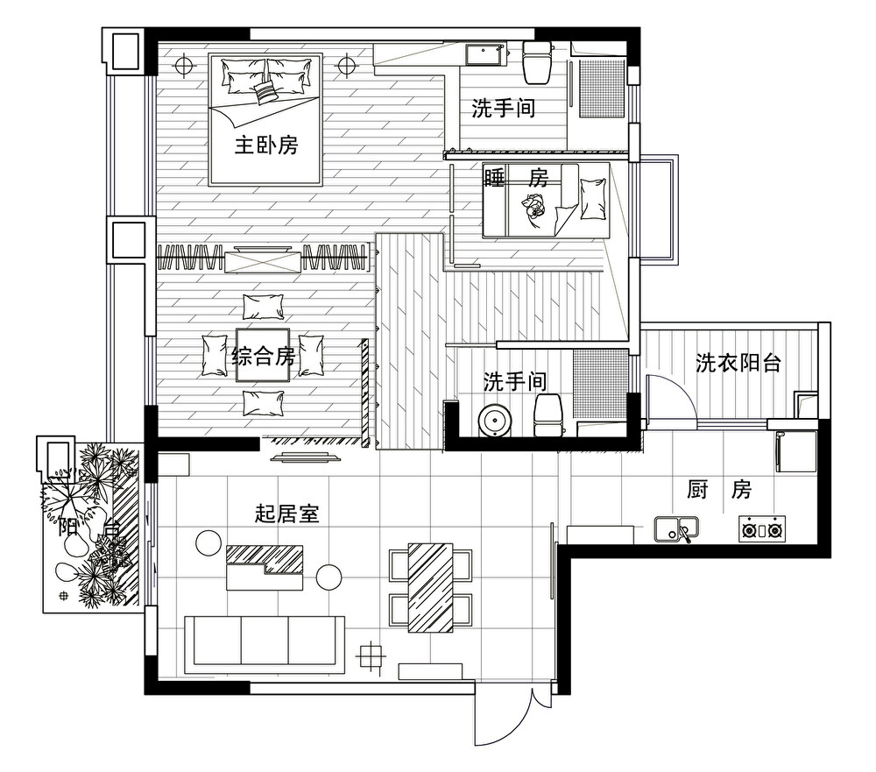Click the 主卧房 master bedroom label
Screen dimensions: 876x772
(x=266, y=145)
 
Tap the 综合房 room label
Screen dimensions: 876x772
(x=263, y=356)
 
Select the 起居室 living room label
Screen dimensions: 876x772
(x=287, y=513)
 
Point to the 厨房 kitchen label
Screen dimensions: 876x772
(x=719, y=490)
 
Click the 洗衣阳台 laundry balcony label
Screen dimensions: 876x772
(x=738, y=364)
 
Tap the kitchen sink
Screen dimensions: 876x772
(x=676, y=529)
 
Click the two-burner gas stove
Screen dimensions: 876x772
(x=763, y=528)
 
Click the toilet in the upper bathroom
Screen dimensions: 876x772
(x=536, y=63)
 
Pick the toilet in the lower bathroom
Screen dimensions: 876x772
(x=548, y=414)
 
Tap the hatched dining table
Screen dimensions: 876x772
(x=430, y=587)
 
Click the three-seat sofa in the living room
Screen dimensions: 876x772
(x=265, y=645)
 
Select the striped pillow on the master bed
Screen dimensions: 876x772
(x=265, y=92)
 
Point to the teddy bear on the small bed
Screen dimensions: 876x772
(x=533, y=207)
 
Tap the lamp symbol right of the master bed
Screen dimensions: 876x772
(x=347, y=66)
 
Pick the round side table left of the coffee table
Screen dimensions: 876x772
(x=209, y=542)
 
